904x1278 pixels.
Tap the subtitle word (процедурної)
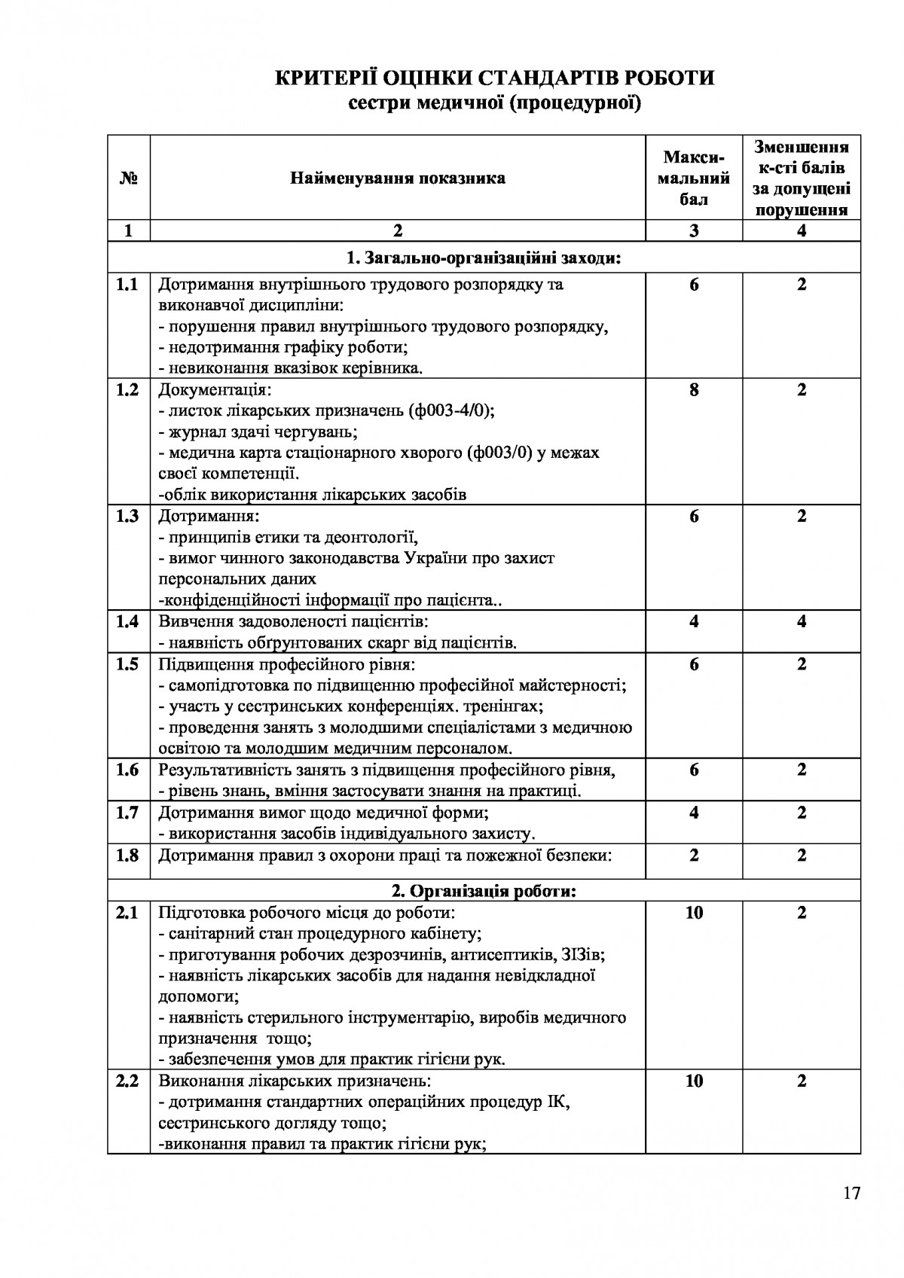[575, 103]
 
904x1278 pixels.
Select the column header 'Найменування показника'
[398, 178]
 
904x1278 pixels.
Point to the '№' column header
[128, 178]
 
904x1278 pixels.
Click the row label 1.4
[128, 621]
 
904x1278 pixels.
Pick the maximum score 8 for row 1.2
[694, 390]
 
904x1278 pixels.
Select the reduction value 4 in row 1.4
[802, 621]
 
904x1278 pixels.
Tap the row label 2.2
[128, 1081]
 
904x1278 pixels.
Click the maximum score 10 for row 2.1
[694, 913]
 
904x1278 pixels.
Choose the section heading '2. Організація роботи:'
[484, 892]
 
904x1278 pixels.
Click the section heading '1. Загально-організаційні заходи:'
[484, 259]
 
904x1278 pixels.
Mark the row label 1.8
[128, 856]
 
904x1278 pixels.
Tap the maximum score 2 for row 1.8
[694, 856]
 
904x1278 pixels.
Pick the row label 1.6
[128, 770]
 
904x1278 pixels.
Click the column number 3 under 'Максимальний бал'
[694, 230]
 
